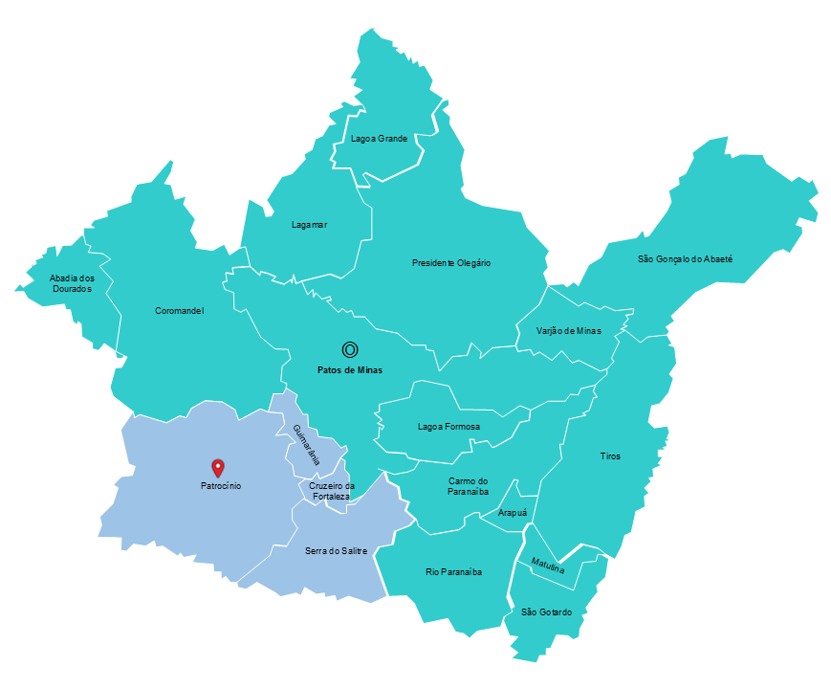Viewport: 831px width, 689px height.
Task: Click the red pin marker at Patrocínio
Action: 218,467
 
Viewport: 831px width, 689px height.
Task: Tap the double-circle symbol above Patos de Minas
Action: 350,349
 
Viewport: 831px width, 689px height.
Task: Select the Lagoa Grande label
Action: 379,139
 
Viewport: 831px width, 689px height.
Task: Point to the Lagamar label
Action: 309,225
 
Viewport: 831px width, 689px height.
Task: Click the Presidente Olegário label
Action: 451,262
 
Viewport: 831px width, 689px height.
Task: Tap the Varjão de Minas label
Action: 568,330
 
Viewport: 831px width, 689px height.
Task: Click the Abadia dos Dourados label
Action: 72,283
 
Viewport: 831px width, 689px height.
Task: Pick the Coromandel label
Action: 180,310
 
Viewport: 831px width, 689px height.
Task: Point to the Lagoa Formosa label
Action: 448,426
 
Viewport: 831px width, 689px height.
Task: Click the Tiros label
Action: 609,456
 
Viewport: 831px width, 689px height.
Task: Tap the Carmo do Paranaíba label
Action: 468,486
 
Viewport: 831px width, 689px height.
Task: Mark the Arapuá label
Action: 513,513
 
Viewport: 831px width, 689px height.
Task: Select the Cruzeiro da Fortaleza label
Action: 329,491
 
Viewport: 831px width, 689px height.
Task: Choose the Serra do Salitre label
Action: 336,550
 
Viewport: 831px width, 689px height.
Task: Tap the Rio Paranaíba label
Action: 453,571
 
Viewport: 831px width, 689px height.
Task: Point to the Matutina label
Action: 548,565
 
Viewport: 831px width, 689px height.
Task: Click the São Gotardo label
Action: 546,611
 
